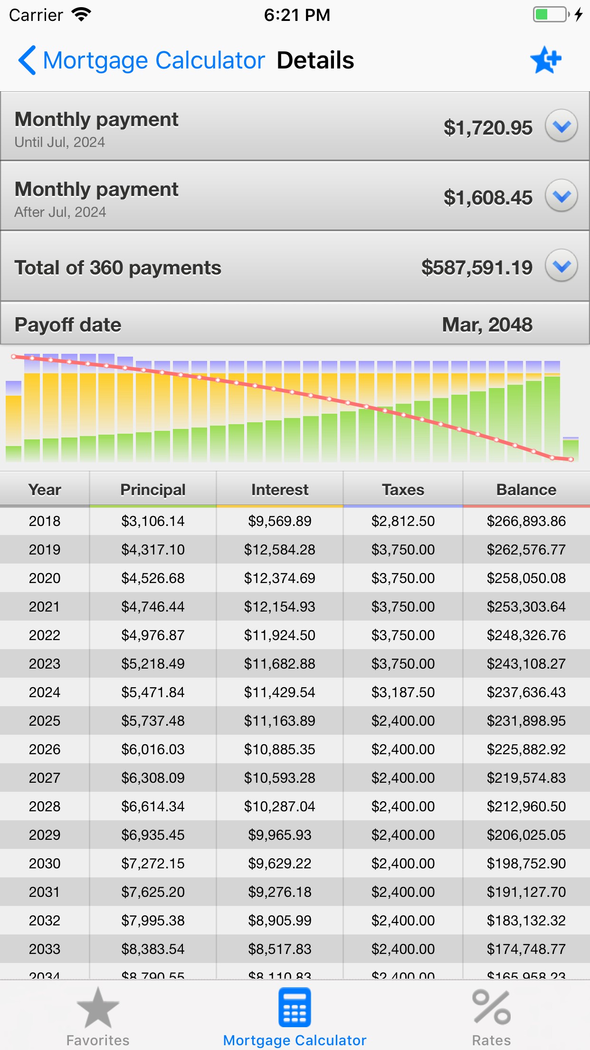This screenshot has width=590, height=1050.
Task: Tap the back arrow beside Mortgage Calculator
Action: [x=27, y=60]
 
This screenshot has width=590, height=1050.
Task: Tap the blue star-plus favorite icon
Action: [x=545, y=60]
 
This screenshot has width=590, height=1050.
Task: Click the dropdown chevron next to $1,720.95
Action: [x=561, y=126]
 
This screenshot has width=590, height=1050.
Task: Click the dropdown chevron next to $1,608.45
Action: [x=561, y=196]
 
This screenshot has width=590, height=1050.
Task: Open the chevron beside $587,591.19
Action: [x=561, y=266]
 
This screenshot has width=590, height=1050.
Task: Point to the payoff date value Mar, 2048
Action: [x=487, y=325]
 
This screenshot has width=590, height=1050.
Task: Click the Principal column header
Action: [x=152, y=490]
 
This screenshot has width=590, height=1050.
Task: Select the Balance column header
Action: [x=526, y=490]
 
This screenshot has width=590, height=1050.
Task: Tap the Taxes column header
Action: [x=403, y=490]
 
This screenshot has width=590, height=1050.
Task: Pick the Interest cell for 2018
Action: [x=279, y=521]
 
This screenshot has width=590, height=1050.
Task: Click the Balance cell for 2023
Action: [x=526, y=664]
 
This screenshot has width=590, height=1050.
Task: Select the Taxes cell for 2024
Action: [x=403, y=692]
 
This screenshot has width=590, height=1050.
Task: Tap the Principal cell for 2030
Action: [x=152, y=864]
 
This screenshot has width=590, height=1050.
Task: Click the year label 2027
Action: [x=45, y=778]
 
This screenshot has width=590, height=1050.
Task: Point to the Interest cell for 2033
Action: [x=279, y=949]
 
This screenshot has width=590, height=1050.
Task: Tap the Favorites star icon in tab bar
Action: [x=98, y=1008]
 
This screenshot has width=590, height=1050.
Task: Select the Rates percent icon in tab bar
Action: [x=491, y=1008]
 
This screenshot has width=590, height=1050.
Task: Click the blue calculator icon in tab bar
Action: [x=295, y=1008]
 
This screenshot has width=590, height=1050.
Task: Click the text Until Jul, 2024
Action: [x=60, y=142]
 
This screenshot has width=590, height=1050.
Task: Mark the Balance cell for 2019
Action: [x=526, y=550]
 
